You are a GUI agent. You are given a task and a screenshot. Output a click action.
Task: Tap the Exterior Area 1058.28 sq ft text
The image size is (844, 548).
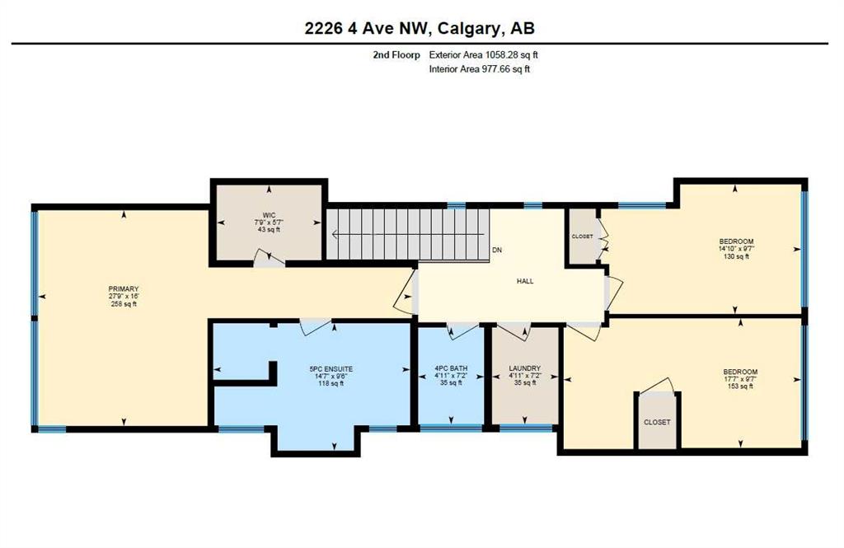483,54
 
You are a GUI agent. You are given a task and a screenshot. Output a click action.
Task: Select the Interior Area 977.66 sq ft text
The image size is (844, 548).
480,69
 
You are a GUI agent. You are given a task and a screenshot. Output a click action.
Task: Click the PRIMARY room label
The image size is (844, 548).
124,289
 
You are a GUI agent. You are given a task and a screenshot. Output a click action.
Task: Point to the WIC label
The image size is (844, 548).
270,215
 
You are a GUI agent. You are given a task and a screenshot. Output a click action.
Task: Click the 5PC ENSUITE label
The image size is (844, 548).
331,369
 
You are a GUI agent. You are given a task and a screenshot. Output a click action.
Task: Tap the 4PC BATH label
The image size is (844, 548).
451,368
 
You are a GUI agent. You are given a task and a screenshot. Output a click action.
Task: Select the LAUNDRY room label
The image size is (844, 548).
525,368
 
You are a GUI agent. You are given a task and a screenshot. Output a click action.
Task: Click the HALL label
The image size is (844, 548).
525,281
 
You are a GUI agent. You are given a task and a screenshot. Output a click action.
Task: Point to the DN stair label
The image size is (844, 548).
497,250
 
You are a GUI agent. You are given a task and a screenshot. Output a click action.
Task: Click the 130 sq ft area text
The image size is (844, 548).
736,256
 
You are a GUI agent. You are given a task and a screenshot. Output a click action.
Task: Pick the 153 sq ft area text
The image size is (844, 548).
741,386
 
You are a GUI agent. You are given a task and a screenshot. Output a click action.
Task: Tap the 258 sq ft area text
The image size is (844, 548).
124,303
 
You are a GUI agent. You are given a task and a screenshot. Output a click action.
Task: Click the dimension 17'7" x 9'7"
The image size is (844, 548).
741,379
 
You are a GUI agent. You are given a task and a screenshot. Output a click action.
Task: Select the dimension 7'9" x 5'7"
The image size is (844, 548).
270,222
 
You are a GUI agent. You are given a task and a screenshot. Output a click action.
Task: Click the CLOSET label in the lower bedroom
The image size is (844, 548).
657,422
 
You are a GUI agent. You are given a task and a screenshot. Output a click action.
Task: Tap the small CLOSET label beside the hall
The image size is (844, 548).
583,237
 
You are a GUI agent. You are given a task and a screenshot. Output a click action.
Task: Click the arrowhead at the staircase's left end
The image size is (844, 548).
335,234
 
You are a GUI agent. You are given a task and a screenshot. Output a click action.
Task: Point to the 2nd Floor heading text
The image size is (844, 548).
396,54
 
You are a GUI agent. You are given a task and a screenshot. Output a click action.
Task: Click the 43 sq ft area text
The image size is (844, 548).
270,229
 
